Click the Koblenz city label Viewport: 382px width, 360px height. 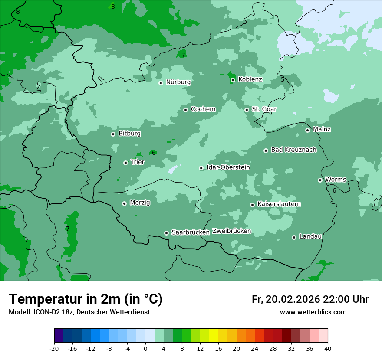tap(250, 79)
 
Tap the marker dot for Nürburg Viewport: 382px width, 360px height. tap(161, 83)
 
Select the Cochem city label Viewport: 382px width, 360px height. tap(203, 109)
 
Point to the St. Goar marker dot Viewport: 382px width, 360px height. tap(247, 110)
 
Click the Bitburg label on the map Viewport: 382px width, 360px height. tap(129, 134)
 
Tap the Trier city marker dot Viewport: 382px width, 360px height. tap(125, 163)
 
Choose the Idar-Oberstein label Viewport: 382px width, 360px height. tap(228, 167)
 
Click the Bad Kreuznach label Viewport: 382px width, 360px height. tap(293, 150)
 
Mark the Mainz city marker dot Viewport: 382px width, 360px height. tap(307, 130)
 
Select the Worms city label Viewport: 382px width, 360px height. tap(336, 180)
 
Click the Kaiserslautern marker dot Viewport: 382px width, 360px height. tap(252, 205)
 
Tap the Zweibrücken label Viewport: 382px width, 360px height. tap(231, 231)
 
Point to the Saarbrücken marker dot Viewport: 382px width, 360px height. tap(166, 233)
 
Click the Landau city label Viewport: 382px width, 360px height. tap(310, 237)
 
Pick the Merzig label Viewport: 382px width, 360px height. tap(140, 203)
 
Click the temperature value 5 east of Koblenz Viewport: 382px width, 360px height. tap(283, 79)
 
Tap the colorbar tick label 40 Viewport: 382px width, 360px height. tap(328, 349)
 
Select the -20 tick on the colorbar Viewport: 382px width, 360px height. tap(54, 349)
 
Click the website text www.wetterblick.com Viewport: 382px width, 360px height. tap(313, 312)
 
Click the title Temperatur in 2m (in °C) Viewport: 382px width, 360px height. tap(86, 299)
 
